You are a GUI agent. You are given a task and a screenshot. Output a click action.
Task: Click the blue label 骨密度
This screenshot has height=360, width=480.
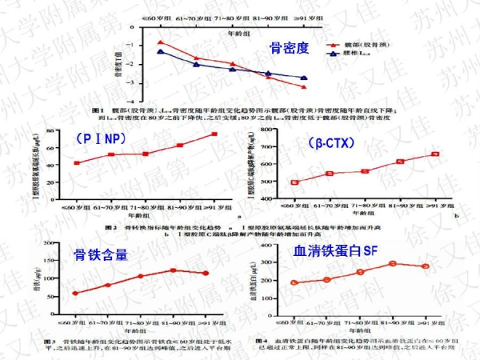click(x=287, y=48)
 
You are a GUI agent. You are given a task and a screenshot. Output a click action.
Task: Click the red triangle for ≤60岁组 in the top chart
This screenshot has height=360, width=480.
click(x=161, y=42)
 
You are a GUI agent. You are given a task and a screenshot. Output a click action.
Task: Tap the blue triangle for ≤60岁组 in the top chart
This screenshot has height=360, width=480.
click(x=161, y=52)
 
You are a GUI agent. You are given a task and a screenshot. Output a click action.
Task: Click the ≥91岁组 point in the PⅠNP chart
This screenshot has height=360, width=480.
click(x=214, y=134)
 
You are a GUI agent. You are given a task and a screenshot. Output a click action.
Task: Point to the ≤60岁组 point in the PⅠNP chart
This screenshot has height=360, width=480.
click(x=76, y=163)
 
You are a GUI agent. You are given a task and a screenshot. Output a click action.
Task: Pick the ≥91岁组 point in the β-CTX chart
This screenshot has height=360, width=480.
click(x=435, y=154)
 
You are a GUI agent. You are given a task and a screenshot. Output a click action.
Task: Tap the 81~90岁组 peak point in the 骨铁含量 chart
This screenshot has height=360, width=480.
click(x=173, y=270)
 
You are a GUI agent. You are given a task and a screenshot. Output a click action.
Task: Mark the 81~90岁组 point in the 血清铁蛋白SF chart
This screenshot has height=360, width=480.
click(x=392, y=263)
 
